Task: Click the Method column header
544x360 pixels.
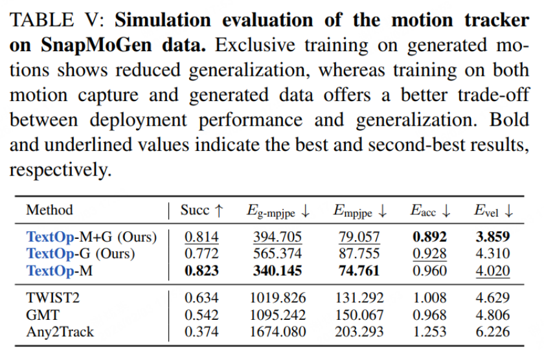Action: [49, 210]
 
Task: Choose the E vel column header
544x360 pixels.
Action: [493, 210]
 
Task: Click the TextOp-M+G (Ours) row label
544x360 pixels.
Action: [91, 237]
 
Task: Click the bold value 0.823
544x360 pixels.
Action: [201, 271]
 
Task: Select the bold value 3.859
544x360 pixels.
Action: [492, 237]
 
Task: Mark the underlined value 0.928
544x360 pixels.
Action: [428, 254]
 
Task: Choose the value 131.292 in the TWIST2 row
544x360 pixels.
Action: [357, 298]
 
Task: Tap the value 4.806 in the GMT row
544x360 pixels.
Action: [492, 315]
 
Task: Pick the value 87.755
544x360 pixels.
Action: [357, 254]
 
